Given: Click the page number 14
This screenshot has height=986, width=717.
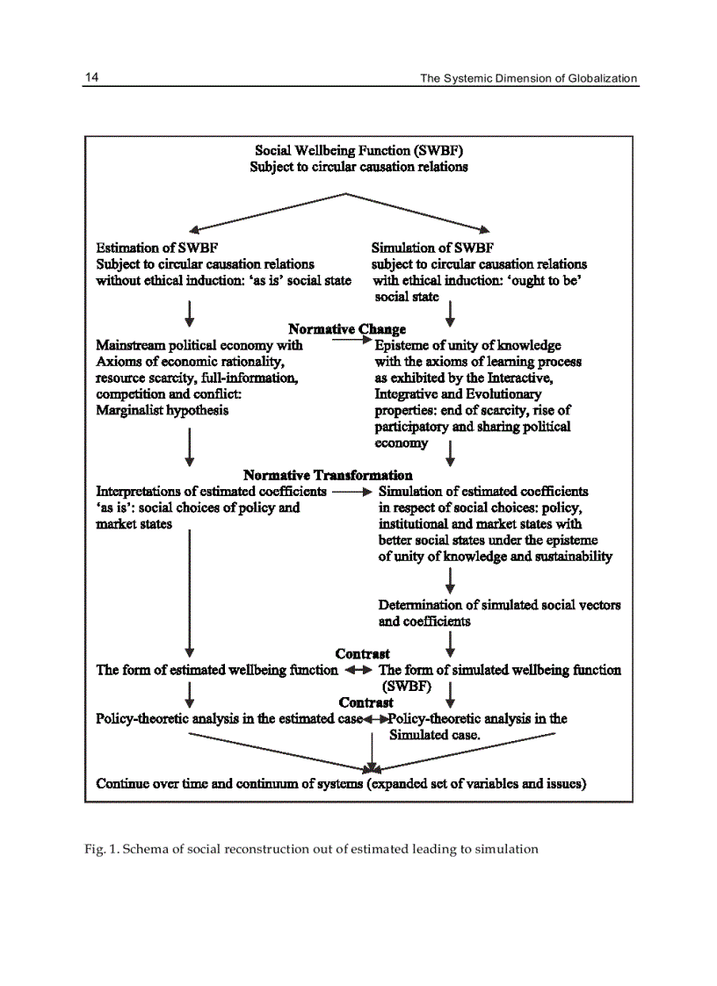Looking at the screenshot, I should point(91,77).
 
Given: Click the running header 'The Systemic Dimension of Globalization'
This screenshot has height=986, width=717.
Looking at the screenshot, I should point(528,78).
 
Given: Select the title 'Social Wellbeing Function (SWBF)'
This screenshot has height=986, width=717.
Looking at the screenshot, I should point(358,151).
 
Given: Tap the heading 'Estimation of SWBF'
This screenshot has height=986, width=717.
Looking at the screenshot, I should point(156,248).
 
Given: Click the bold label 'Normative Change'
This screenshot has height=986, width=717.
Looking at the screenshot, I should point(347,329).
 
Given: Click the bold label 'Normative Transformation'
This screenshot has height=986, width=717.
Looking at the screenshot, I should point(328,475).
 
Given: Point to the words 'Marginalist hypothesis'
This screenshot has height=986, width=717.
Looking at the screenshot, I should point(162,410).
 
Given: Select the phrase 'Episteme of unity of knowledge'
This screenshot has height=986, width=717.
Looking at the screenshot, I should point(467,345).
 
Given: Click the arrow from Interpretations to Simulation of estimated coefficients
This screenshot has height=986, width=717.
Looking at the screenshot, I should point(352,492).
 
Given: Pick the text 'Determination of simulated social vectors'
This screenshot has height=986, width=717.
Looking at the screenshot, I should point(499,605).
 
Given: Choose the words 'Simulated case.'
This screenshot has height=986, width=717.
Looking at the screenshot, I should point(434,735).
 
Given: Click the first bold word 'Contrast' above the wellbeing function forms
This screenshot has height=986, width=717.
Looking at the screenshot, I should point(362,654).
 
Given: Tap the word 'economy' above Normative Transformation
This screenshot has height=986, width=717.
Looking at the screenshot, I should point(402,443).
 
